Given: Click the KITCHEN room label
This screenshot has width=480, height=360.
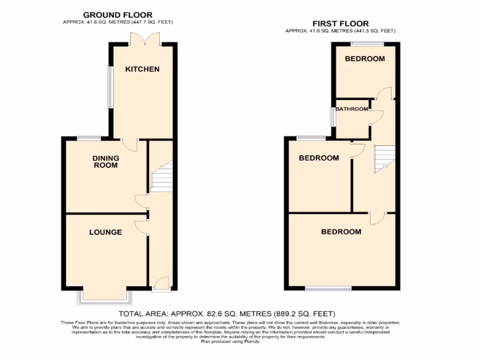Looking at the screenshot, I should click(x=142, y=69).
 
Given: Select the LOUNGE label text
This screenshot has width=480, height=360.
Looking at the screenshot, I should click(x=105, y=232).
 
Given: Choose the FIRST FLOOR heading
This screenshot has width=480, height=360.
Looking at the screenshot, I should click(x=340, y=23).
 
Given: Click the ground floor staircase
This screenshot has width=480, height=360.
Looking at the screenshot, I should click(x=162, y=176).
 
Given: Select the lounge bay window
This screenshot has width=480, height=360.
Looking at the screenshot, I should click(x=105, y=297).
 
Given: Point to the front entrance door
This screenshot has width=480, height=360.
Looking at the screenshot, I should click(x=160, y=284).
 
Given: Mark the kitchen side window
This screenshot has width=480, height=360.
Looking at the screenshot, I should click(x=111, y=87).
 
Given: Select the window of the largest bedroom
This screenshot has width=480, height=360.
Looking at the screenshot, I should click(x=328, y=288).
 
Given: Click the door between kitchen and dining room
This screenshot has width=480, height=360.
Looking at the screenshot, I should click(x=130, y=144).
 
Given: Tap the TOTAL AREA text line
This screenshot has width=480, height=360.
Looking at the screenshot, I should click(x=227, y=314).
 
